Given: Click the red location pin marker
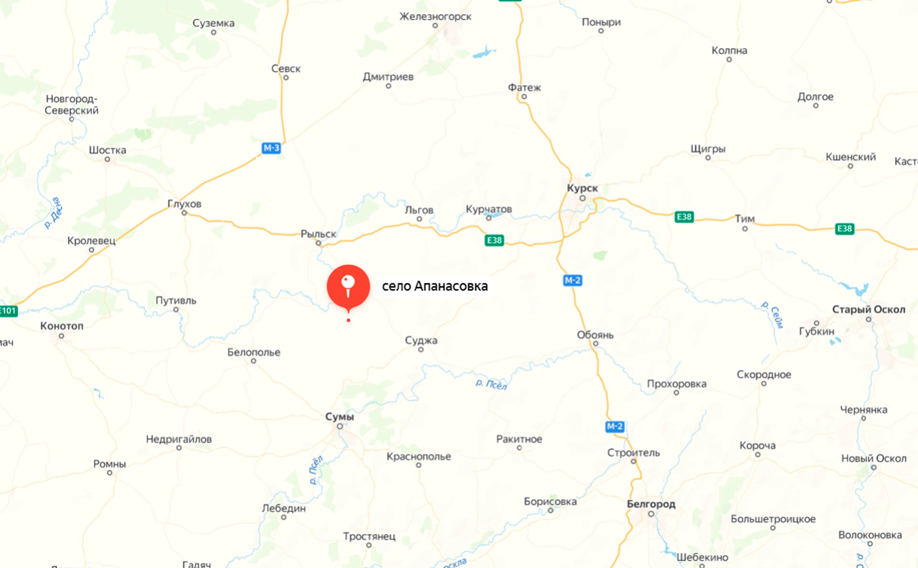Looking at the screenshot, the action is point(348,286).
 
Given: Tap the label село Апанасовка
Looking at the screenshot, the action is point(435,286).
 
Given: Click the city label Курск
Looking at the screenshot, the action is point(582,188).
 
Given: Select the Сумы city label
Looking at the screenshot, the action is point(339,416).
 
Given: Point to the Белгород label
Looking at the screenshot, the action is point(651,504).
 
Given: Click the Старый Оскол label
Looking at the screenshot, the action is point(868,309).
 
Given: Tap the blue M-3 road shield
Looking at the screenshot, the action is point(271,148).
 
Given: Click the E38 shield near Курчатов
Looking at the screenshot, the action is point(494,240).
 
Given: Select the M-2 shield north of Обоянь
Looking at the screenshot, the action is point(572,280).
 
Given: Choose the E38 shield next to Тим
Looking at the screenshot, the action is point(684,217).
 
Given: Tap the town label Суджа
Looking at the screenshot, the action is point(421,340).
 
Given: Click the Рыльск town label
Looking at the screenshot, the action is point(318,234).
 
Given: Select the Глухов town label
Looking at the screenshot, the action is point(184,204).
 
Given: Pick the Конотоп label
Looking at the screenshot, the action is point(62,326).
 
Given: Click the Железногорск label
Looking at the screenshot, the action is point(435,17).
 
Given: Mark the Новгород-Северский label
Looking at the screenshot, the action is point(72,104).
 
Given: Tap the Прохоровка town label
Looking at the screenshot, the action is point(676,384).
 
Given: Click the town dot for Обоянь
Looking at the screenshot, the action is point(595,344).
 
